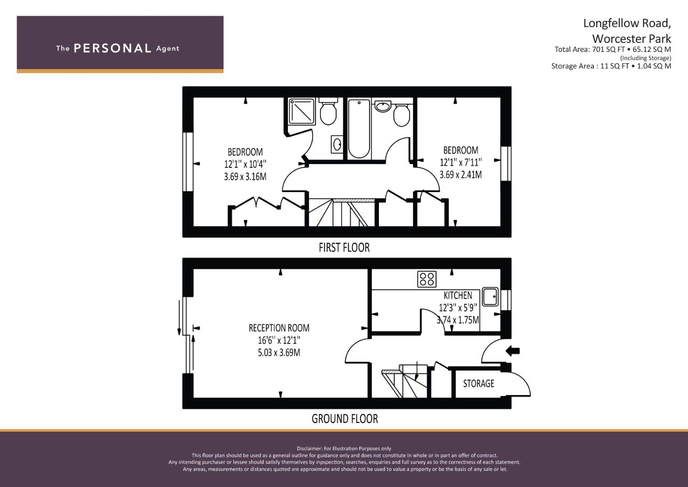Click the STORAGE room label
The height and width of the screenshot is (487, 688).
[478, 383]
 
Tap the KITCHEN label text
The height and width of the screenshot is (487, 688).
[458, 295]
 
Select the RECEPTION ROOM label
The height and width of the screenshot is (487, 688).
[279, 328]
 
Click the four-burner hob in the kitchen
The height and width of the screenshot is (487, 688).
[427, 279]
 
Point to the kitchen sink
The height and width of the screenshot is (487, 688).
[490, 297]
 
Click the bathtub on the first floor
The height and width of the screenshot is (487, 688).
[359, 129]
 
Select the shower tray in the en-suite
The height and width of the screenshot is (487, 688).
[301, 111]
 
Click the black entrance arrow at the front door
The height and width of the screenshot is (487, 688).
[513, 350]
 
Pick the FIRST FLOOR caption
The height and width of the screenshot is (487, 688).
[344, 248]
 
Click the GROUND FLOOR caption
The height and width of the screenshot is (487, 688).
[345, 419]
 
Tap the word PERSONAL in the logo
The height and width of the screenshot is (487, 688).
[113, 48]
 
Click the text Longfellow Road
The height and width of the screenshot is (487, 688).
[627, 23]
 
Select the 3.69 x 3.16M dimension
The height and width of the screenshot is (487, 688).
[245, 177]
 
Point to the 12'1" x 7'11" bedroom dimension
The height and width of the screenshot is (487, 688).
[461, 162]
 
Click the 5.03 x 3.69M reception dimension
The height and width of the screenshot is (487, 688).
[279, 353]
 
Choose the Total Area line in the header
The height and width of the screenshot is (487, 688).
[613, 49]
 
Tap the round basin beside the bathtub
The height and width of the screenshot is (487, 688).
[383, 106]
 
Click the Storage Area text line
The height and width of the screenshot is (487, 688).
[611, 66]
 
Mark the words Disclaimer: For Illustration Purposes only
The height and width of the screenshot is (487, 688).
[344, 449]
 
